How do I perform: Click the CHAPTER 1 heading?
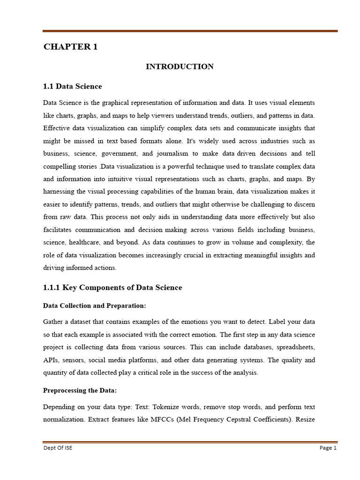pyautogui.click(x=70, y=46)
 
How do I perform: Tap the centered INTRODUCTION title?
pyautogui.click(x=180, y=67)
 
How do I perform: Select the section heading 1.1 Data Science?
pyautogui.click(x=72, y=86)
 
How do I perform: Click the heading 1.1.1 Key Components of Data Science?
pyautogui.click(x=112, y=287)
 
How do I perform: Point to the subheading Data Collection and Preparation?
pyautogui.click(x=95, y=306)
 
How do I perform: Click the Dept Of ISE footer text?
pyautogui.click(x=58, y=448)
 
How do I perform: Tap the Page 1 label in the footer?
pyautogui.click(x=328, y=448)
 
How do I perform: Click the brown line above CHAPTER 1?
pyautogui.click(x=190, y=31)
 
